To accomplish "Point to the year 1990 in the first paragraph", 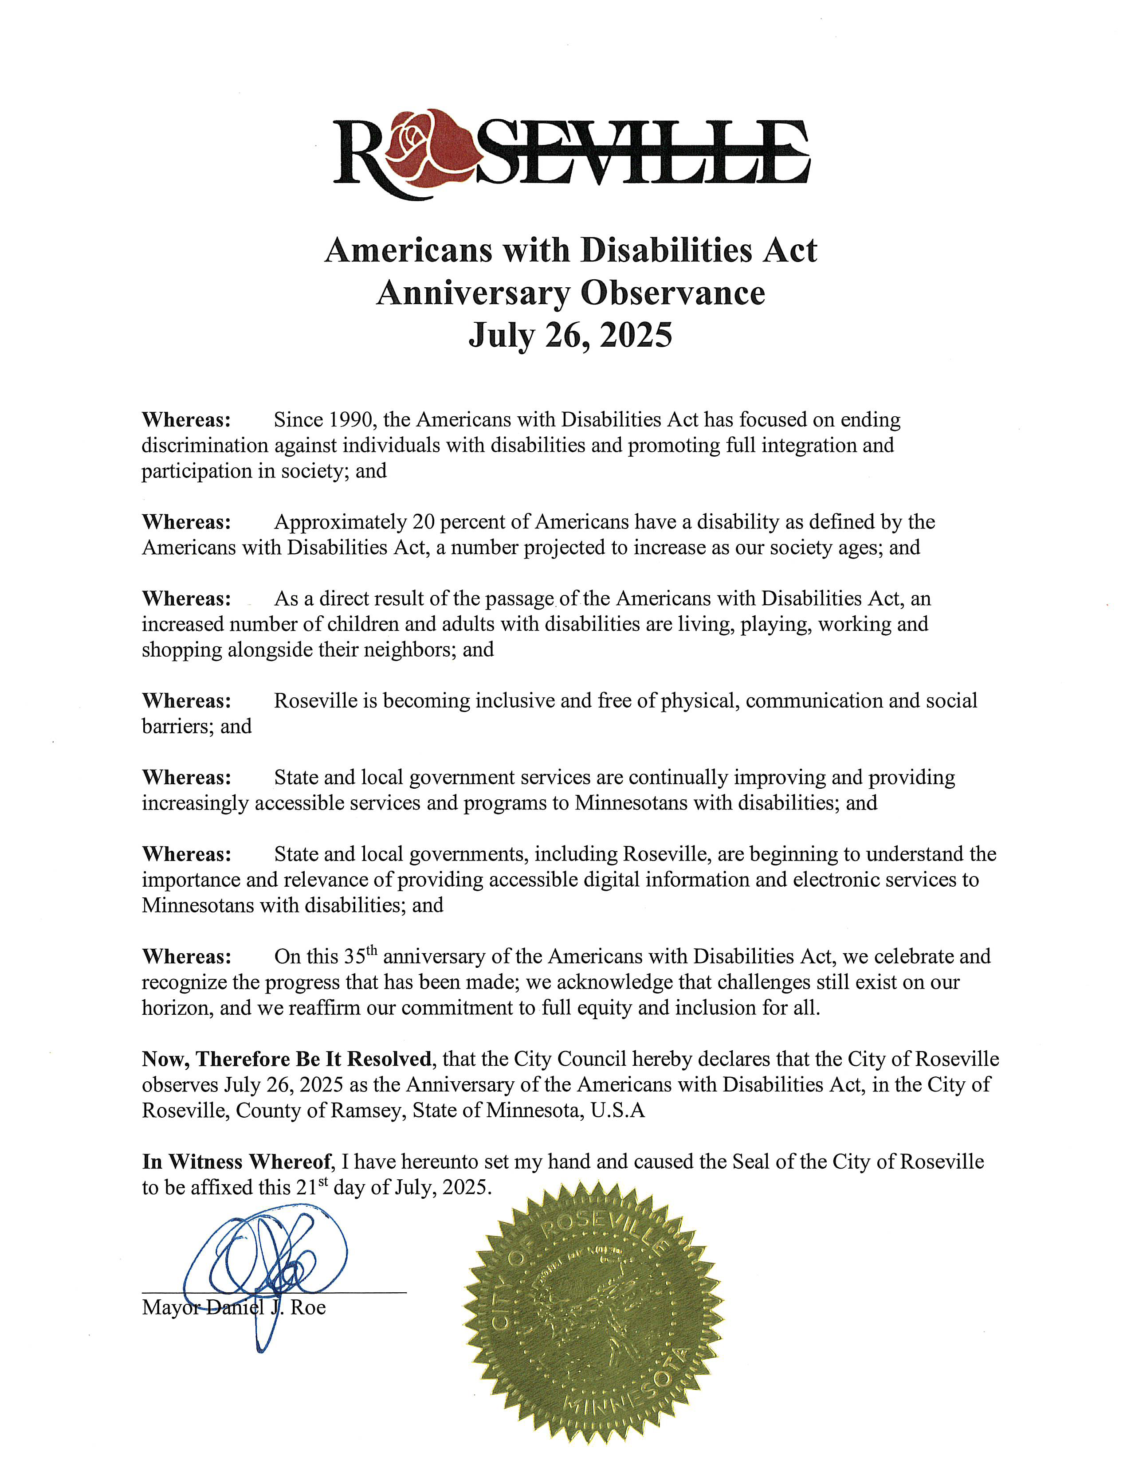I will (x=346, y=420).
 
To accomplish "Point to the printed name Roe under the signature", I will (x=308, y=1307).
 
